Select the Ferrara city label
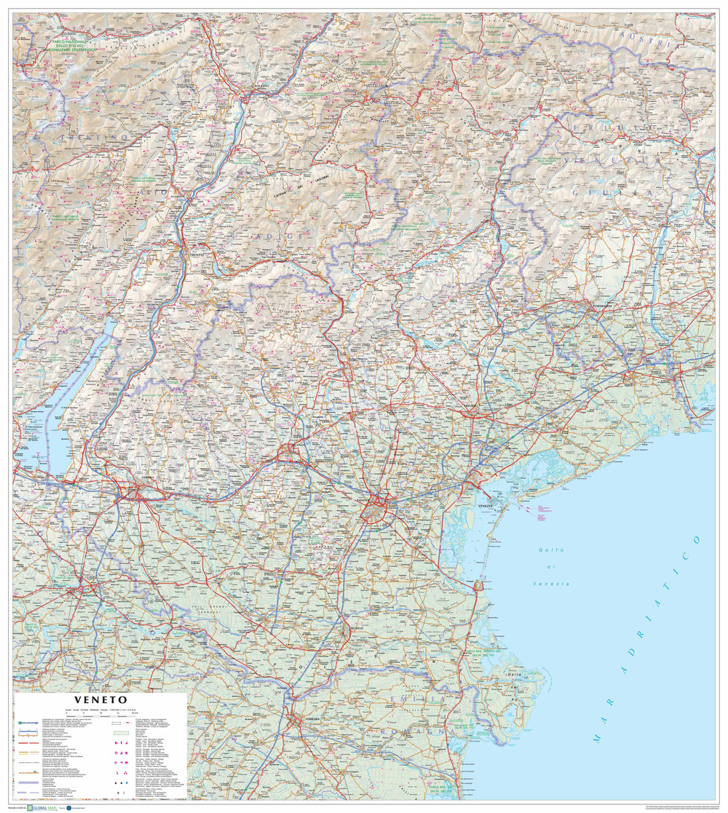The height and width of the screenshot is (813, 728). pyautogui.click(x=312, y=719)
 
